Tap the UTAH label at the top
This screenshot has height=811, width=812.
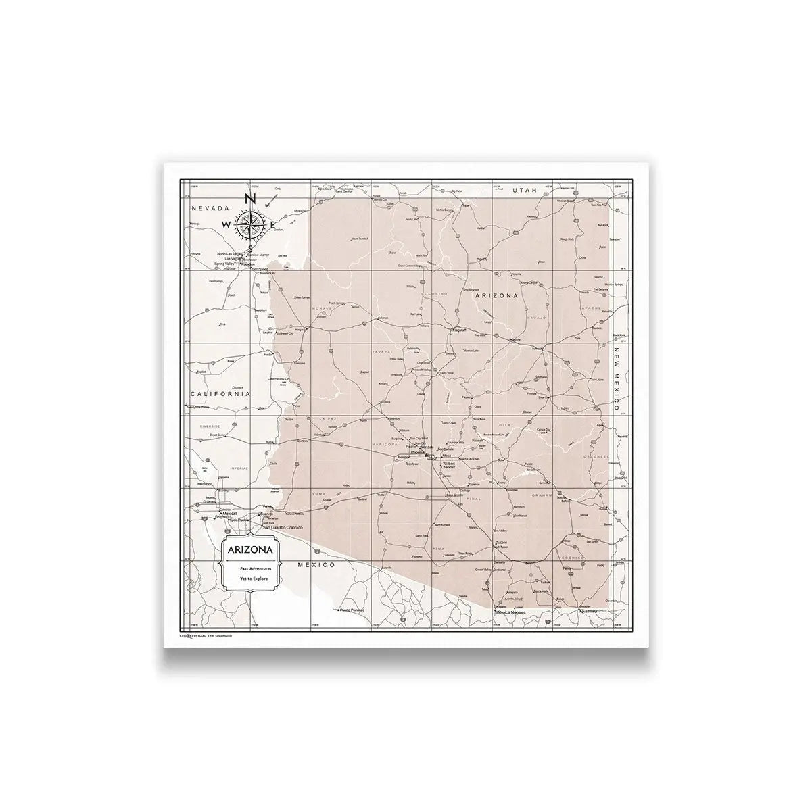524,191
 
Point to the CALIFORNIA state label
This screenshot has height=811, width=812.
220,394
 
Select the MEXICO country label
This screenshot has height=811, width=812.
317,564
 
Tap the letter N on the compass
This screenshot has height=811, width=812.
249,199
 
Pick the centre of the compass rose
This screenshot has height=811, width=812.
250,224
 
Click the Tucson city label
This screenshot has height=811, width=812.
501,543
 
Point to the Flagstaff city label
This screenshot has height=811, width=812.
460,330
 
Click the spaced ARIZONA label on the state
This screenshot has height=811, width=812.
496,296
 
